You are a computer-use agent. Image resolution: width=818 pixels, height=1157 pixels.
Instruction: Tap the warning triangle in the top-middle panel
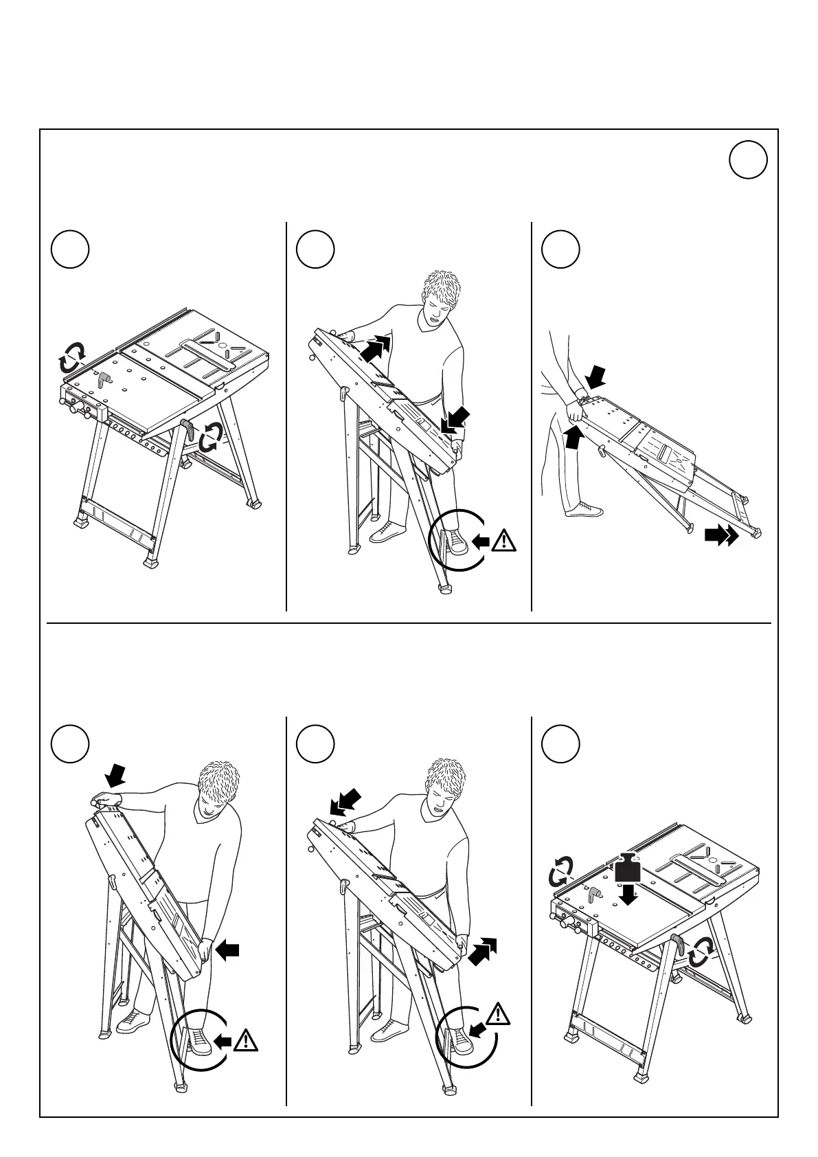(504, 540)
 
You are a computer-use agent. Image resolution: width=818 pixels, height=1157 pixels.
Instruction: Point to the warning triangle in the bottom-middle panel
(499, 1014)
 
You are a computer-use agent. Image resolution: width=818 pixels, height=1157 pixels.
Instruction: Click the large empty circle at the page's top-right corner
(748, 160)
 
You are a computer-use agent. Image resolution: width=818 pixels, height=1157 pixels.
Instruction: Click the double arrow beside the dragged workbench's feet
(721, 535)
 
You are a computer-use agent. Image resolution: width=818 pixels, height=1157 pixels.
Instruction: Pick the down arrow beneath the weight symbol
(628, 895)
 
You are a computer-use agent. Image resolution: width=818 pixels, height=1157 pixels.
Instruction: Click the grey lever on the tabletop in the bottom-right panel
(593, 894)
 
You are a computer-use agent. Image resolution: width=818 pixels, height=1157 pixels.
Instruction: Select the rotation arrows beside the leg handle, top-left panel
(210, 437)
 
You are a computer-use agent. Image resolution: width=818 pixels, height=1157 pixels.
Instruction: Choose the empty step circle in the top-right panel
(560, 250)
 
